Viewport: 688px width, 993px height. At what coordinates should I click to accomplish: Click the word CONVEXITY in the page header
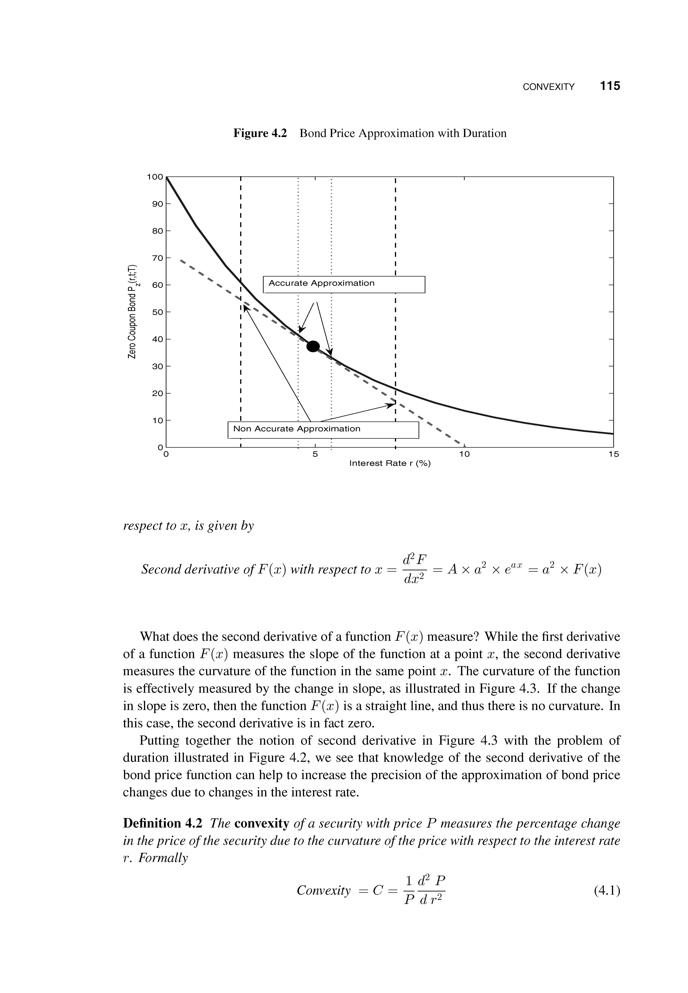coord(548,87)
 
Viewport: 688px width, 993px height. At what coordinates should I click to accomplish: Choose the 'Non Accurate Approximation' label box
coord(323,429)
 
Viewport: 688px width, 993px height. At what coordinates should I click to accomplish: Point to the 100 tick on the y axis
coord(155,177)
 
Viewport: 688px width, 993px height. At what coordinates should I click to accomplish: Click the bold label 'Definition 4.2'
coord(163,824)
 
